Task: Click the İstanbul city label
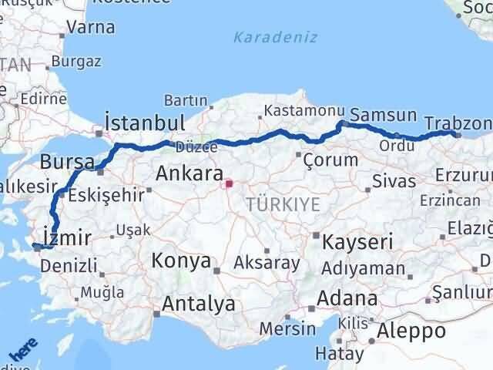[x=144, y=123]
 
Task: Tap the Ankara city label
[x=189, y=173]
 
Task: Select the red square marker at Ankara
[x=228, y=183]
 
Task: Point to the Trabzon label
[x=458, y=123]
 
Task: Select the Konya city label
[x=182, y=261]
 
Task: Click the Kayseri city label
[x=357, y=241]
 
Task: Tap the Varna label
[x=91, y=27]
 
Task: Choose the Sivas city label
[x=394, y=182]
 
